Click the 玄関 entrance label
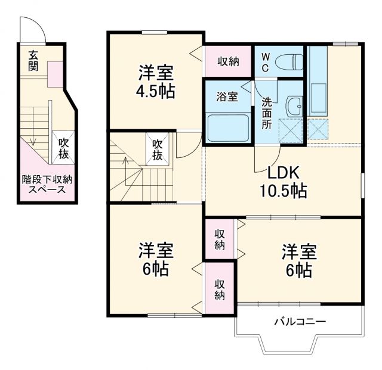tap(33, 60)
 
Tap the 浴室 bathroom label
tap(227, 97)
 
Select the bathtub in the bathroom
tap(227, 126)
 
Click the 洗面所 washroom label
tap(267, 114)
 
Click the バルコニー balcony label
tap(300, 322)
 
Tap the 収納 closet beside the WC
tap(227, 60)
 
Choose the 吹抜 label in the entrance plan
tap(63, 148)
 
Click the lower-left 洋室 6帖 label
tap(156, 257)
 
